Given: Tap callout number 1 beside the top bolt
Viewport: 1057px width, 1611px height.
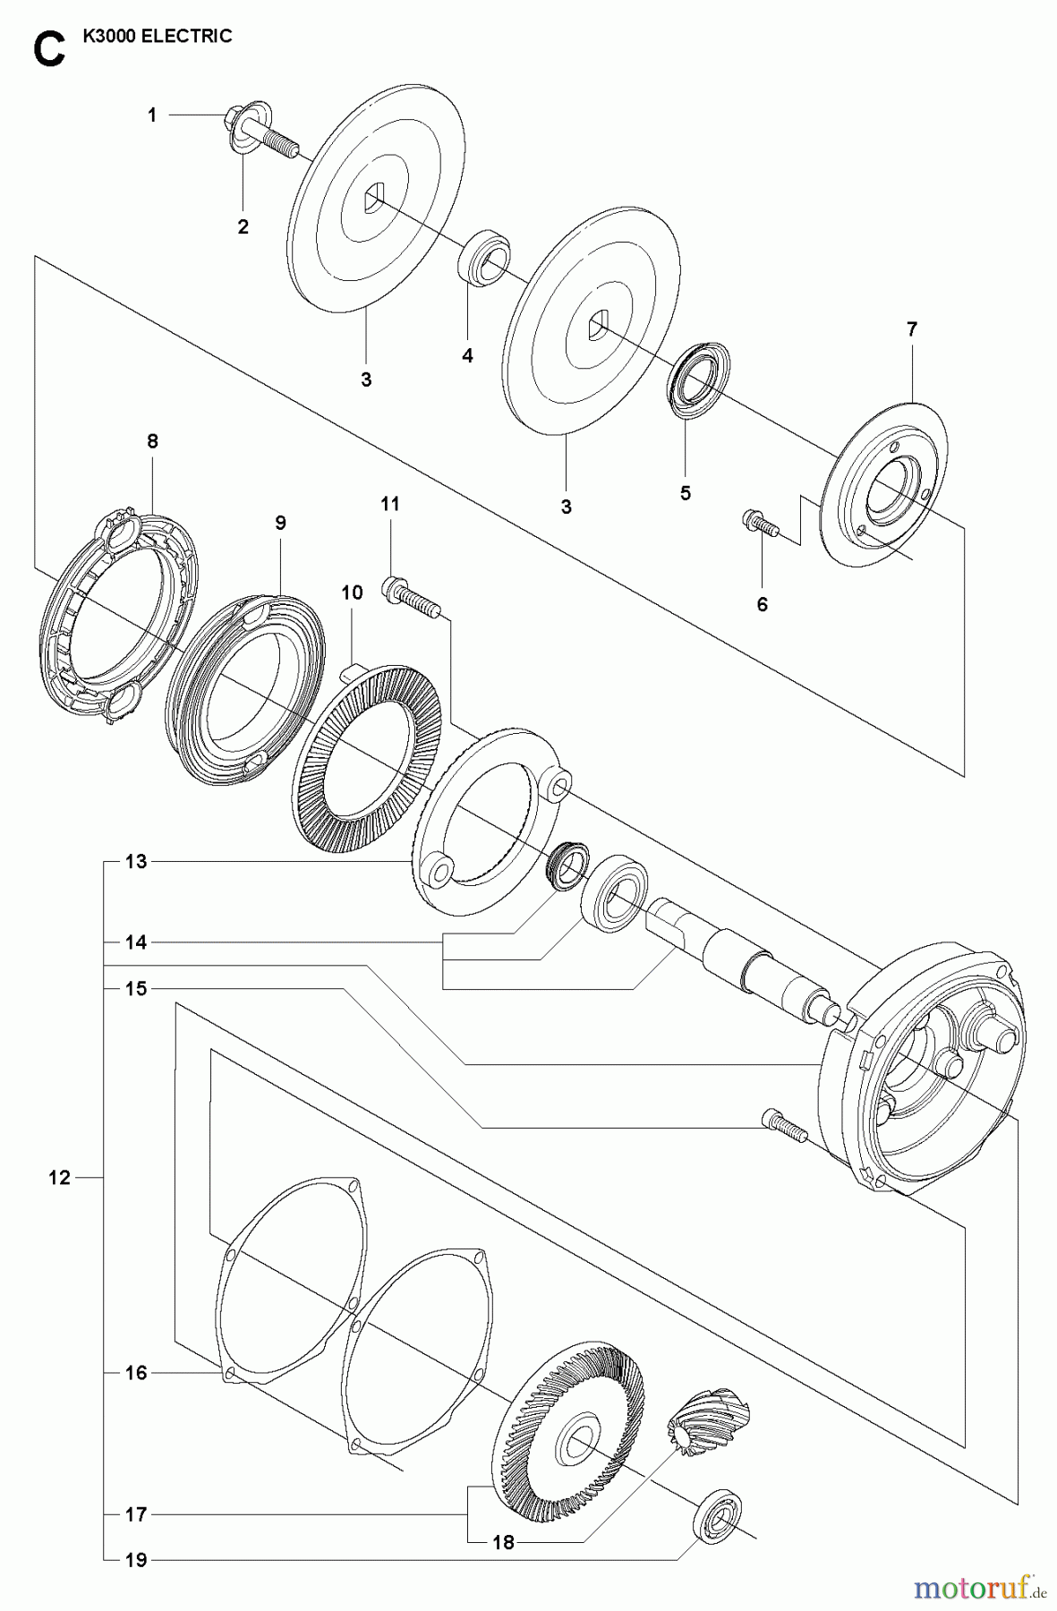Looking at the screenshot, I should (x=152, y=115).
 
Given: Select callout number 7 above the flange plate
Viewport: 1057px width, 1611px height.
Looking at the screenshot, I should (x=911, y=329).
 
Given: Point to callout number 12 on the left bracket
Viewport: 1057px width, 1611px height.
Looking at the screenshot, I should (x=59, y=1178).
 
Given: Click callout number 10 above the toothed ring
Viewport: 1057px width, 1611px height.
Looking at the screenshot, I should (x=352, y=592).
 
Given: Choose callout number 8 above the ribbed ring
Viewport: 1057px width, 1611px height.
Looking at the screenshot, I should (x=152, y=440).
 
